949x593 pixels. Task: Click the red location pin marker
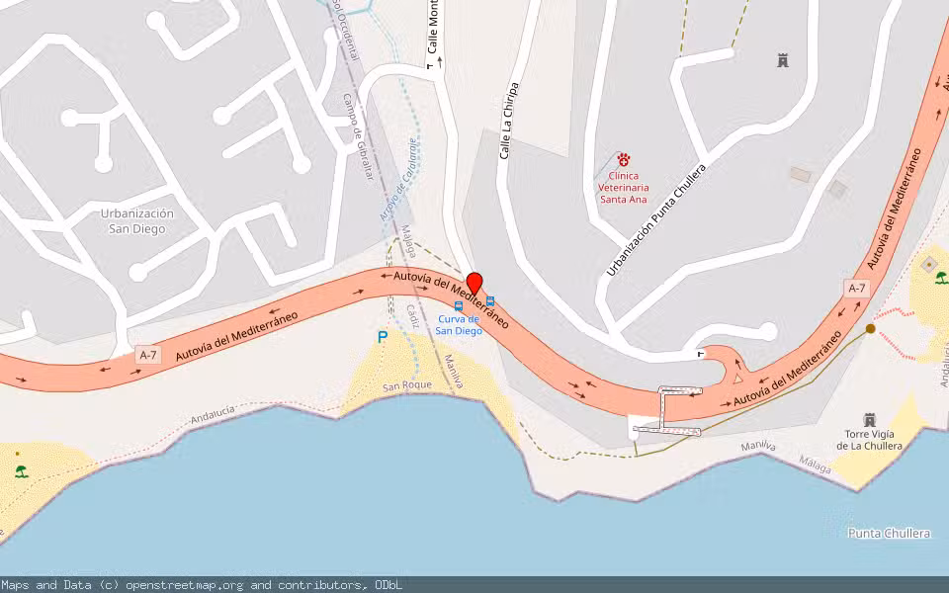(474, 283)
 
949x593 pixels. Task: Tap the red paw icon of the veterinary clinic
(624, 159)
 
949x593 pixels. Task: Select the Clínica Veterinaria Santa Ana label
(624, 187)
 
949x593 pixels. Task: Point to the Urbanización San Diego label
(137, 220)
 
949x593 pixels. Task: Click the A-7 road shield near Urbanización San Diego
(148, 355)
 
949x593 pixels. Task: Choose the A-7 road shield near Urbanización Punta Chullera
(857, 289)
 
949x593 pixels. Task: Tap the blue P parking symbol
(383, 337)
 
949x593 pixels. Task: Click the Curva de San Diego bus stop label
(460, 324)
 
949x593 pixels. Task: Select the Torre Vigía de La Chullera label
(869, 440)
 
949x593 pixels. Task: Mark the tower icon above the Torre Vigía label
(870, 419)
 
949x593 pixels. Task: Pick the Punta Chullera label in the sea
(890, 533)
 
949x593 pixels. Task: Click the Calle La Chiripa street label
(508, 121)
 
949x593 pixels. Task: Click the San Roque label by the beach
(407, 385)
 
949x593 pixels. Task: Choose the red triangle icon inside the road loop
(737, 378)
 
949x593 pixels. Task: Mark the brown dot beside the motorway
(870, 328)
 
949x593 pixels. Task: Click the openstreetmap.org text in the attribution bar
(187, 585)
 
